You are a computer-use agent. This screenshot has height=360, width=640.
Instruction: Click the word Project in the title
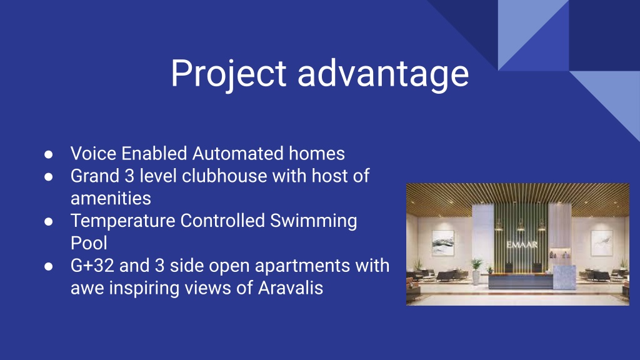pos(228,74)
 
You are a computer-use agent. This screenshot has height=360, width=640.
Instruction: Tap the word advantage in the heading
pos(383,74)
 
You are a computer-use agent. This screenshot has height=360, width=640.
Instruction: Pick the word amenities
pos(111,198)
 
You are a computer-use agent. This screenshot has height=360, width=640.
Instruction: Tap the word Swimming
pos(314,221)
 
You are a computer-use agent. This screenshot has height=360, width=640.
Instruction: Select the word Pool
pos(89,243)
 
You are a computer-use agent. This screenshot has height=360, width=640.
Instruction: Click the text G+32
pos(92,266)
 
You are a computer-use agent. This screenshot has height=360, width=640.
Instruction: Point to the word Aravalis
pos(291,287)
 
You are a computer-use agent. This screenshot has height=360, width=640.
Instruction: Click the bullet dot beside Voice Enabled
pos(49,154)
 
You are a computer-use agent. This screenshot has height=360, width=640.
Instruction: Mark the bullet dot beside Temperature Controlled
pos(49,222)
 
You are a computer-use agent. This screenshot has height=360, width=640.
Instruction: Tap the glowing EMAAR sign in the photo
pos(522,245)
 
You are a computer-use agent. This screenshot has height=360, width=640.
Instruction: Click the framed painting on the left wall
pos(443,243)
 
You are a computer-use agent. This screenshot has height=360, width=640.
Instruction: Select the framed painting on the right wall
pos(602,243)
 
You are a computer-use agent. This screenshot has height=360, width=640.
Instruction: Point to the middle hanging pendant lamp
pos(521,225)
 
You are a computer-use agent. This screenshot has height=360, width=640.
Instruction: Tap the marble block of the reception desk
pos(564,277)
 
